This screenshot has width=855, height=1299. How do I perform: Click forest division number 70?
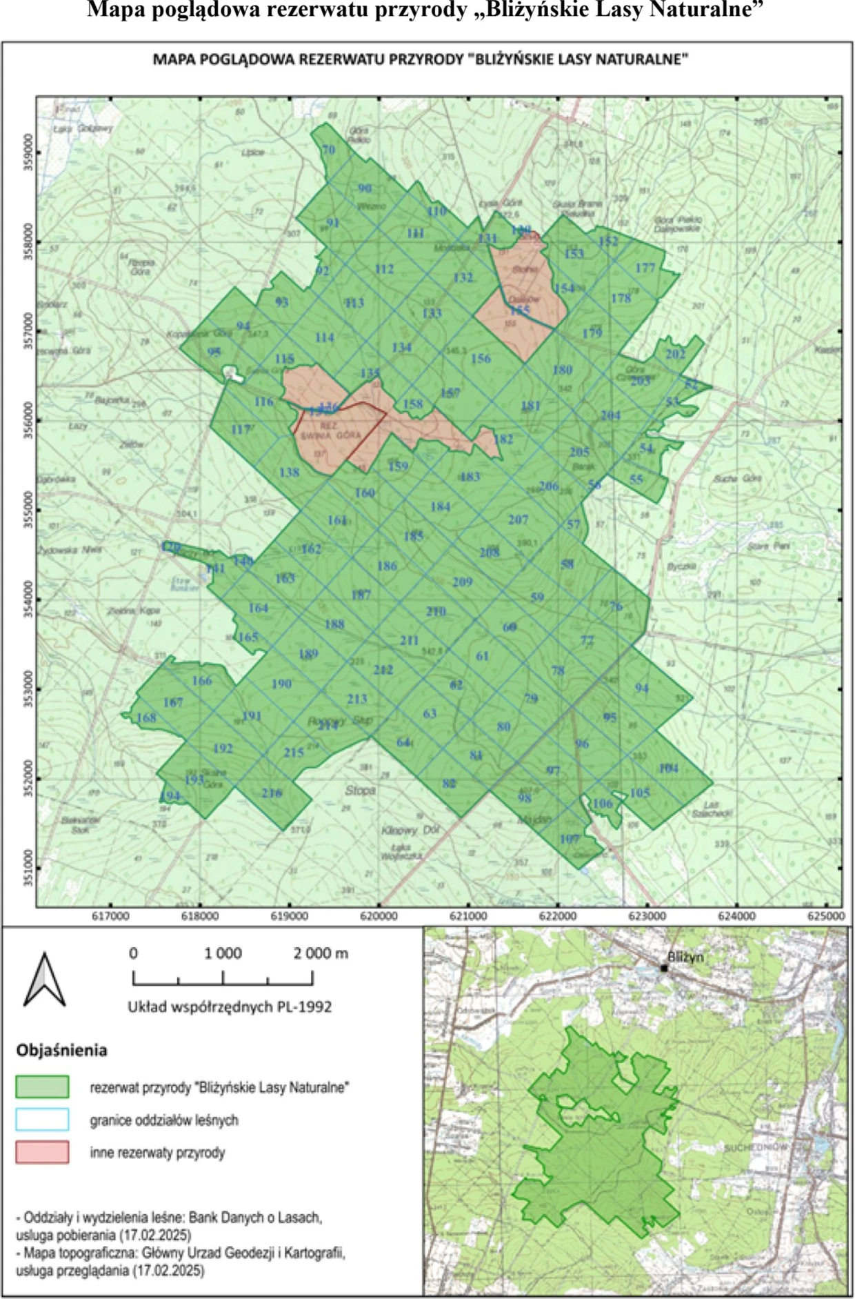point(328,150)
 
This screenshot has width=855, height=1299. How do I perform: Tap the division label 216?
point(272,793)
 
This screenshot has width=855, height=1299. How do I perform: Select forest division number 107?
point(569,839)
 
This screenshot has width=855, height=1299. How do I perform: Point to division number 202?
point(675,354)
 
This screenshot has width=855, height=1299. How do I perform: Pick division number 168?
point(146,717)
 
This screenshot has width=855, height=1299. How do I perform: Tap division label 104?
point(668,768)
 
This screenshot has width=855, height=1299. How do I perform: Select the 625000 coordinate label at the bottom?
point(825,916)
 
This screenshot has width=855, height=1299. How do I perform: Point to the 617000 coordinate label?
point(110,916)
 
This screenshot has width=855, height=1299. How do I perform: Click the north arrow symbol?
point(45,980)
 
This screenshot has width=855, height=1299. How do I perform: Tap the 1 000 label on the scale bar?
point(223,953)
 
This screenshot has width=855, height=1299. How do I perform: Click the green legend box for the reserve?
point(42,1087)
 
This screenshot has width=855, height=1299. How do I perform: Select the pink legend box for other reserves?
point(42,1152)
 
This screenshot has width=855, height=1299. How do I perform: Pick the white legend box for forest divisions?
point(42,1120)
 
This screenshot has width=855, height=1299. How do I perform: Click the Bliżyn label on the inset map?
point(685,958)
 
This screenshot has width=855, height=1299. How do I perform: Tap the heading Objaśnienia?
point(61,1050)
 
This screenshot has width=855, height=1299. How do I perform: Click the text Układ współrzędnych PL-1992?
point(230,1007)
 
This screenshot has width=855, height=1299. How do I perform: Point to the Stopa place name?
point(360,790)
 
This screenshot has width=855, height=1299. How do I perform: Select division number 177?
point(645,268)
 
